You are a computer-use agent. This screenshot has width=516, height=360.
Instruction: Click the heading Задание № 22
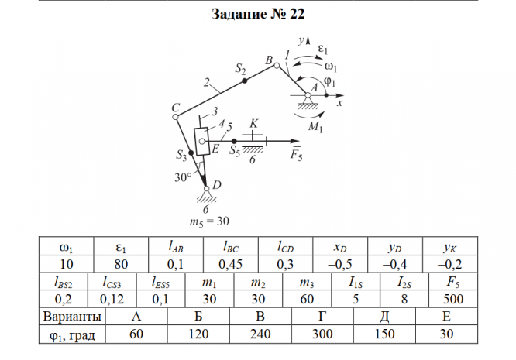click(257, 15)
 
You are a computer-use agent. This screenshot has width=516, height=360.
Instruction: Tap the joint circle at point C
click(177, 118)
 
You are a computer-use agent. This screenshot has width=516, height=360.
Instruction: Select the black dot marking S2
click(244, 81)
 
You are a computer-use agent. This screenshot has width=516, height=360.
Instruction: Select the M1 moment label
click(315, 126)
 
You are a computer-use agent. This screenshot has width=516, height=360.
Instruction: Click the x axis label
click(340, 102)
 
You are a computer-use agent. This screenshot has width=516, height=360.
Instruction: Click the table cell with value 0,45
click(230, 264)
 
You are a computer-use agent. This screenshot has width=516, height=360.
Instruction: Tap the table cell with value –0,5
click(341, 264)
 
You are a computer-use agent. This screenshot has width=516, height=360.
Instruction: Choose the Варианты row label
click(71, 317)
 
